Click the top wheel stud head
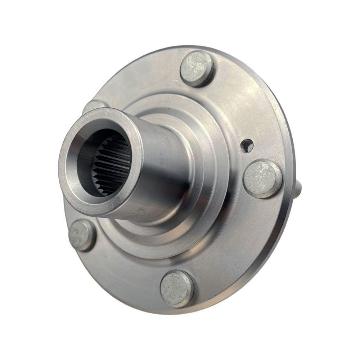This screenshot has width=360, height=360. [197, 68]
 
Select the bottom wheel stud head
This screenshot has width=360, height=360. [177, 288]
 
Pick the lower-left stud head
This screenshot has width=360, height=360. [82, 235]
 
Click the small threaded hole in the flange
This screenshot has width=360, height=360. [248, 145]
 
